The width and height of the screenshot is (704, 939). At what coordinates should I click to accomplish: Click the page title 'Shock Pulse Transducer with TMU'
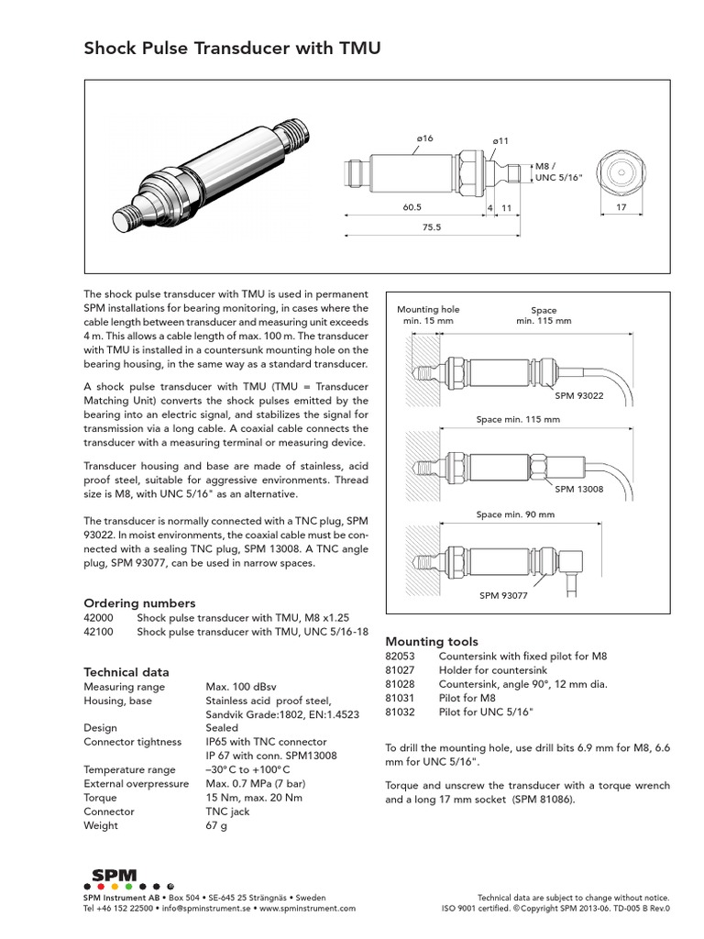(x=232, y=49)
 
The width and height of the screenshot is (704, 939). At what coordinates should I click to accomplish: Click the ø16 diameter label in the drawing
(x=423, y=138)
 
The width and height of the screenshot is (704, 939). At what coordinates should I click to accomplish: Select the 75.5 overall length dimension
(x=431, y=226)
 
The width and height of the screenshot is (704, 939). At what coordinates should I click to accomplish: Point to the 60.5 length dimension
(x=412, y=208)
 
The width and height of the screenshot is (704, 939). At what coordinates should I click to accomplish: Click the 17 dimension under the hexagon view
(x=621, y=208)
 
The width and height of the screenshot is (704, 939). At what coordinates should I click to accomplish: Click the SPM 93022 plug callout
(x=579, y=395)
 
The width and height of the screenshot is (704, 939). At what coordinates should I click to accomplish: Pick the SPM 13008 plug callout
(x=579, y=489)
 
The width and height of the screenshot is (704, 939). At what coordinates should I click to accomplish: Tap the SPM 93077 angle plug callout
(x=504, y=595)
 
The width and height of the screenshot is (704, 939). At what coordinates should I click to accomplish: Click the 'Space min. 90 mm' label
(x=515, y=514)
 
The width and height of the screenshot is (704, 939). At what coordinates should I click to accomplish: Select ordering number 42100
(x=100, y=633)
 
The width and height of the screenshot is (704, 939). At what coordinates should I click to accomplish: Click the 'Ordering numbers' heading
(x=139, y=602)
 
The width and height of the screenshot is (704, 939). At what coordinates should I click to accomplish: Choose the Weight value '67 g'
(x=216, y=825)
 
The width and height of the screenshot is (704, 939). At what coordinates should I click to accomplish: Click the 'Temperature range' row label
(x=129, y=769)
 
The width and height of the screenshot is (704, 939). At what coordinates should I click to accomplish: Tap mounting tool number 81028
(x=401, y=684)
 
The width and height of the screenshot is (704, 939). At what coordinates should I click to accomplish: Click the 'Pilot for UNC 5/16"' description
(x=485, y=712)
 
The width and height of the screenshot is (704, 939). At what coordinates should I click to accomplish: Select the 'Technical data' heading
(x=126, y=671)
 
